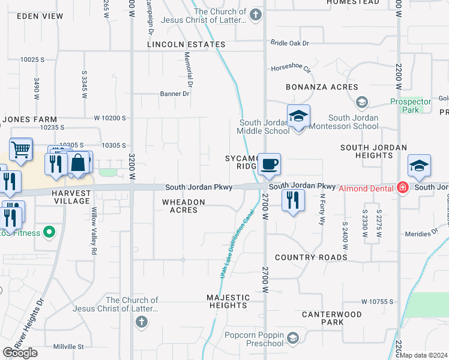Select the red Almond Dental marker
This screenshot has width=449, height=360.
(x=402, y=188)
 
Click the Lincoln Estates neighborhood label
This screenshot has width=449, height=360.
(x=187, y=44)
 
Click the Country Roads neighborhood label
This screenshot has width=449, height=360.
(x=311, y=257)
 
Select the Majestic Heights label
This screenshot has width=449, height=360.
(x=228, y=301)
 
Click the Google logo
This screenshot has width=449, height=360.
(x=20, y=353)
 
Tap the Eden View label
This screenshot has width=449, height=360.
(x=41, y=16)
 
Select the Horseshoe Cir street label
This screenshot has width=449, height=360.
(x=292, y=68)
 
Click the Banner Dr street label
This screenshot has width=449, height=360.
(x=174, y=94)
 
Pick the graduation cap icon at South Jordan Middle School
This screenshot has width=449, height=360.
(x=298, y=116)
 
